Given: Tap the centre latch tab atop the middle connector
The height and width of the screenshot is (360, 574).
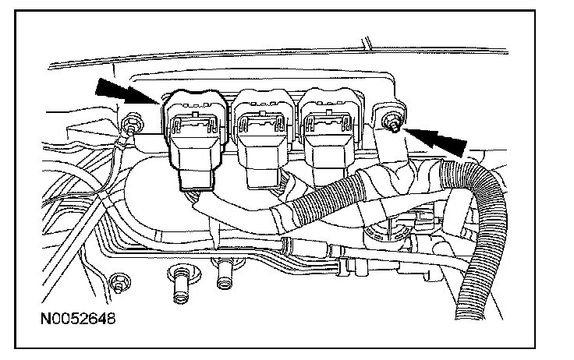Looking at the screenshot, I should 261,118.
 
